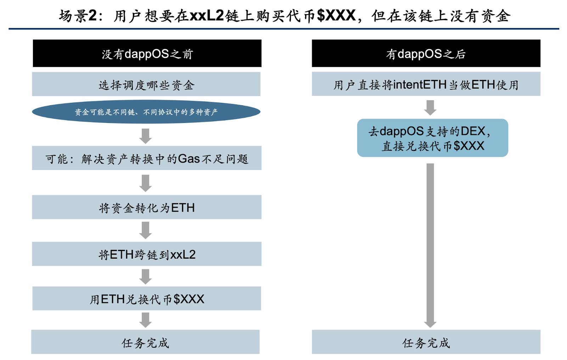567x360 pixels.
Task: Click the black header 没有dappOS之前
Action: (x=147, y=54)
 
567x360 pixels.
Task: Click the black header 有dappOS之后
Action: (x=426, y=54)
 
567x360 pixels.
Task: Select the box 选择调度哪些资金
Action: (x=146, y=84)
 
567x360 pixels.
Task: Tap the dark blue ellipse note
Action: (x=146, y=112)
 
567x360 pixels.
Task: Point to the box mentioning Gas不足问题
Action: (x=147, y=158)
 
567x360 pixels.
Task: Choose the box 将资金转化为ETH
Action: (x=147, y=207)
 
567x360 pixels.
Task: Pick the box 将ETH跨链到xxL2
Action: (x=147, y=254)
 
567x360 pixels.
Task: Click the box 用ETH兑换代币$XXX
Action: (x=147, y=299)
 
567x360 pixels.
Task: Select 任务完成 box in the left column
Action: (x=145, y=342)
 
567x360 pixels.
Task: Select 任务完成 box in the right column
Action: (x=426, y=342)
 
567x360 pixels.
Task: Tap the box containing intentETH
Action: (x=426, y=84)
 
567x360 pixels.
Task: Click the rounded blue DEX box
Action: (x=432, y=138)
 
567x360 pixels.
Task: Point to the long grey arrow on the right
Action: (x=430, y=244)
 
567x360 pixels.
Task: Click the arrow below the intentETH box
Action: (x=430, y=108)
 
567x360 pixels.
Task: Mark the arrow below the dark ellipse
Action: (x=146, y=136)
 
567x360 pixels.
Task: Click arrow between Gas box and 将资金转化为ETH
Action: (x=146, y=183)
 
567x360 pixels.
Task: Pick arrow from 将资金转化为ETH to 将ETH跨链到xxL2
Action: (x=146, y=230)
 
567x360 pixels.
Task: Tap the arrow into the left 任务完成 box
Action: (x=146, y=320)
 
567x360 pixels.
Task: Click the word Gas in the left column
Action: (x=189, y=159)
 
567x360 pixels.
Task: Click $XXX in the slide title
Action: (x=336, y=16)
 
